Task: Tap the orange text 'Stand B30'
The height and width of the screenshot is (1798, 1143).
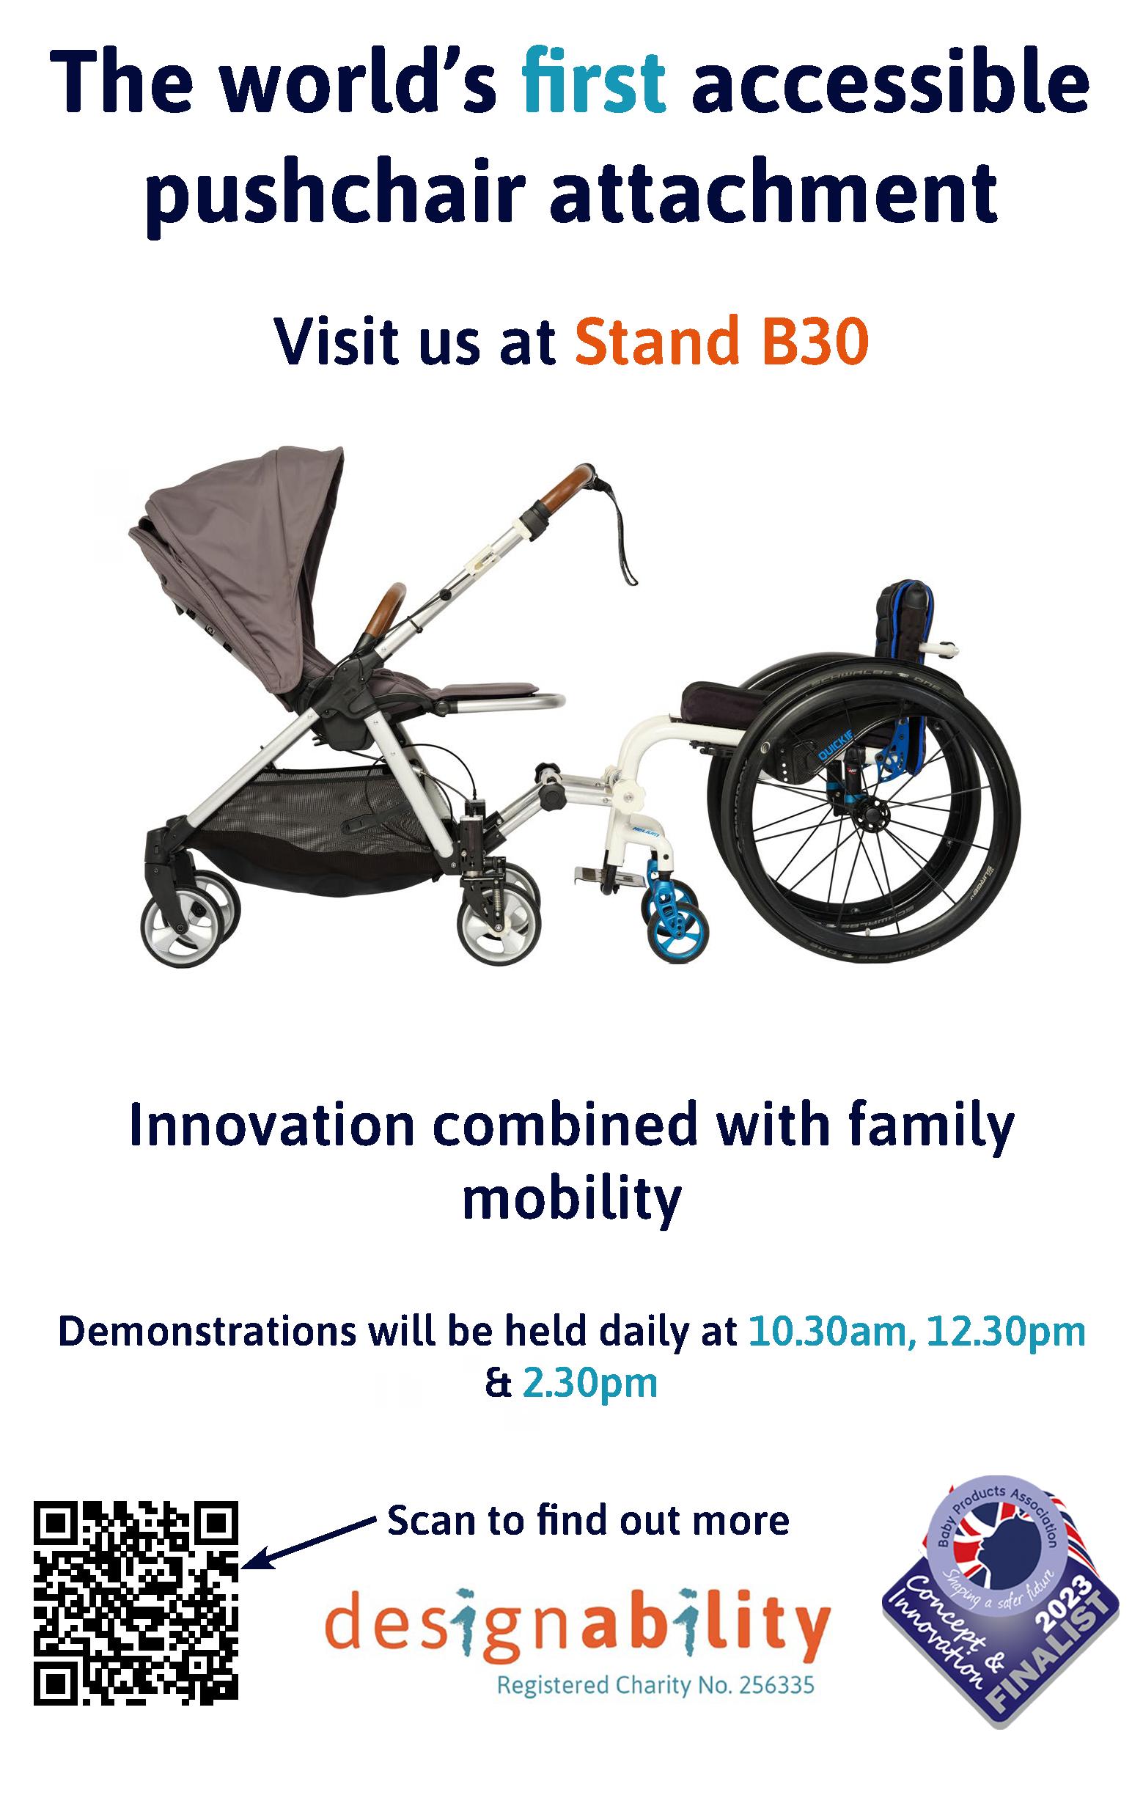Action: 722,344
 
